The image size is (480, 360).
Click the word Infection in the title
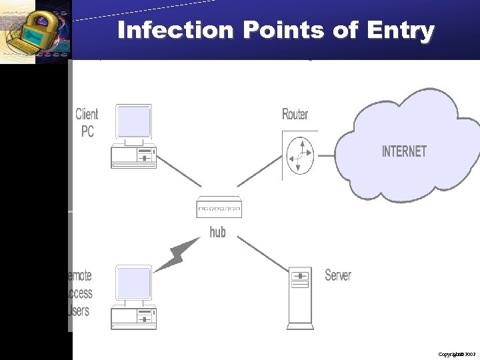point(175,31)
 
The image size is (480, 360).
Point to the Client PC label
point(87,123)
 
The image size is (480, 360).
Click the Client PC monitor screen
point(133,122)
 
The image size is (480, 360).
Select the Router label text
point(295,115)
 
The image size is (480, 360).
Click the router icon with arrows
point(299,155)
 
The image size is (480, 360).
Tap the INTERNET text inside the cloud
point(404,151)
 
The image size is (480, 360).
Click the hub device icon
point(219,208)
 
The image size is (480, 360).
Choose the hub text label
point(217,232)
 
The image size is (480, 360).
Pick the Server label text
point(337,275)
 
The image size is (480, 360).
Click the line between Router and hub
point(259,173)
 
